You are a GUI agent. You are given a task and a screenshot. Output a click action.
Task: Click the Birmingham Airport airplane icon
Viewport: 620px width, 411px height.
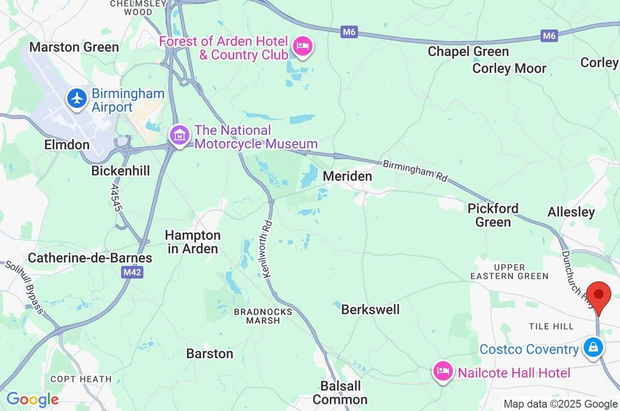point(77,99)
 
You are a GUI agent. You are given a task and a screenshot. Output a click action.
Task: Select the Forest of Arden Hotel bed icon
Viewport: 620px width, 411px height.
point(302,46)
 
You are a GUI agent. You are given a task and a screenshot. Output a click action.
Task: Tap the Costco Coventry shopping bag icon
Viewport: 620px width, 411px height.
point(592,348)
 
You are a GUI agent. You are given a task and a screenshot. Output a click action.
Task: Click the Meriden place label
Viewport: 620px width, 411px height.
point(347,176)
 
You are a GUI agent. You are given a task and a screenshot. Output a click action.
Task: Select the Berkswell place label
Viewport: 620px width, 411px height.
point(370,309)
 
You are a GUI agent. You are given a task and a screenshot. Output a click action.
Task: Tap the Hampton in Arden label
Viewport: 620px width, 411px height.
point(193,242)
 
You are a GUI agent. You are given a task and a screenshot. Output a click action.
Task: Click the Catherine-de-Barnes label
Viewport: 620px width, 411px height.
point(90,258)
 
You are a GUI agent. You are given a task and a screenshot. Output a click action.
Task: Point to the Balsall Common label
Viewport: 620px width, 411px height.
point(340,392)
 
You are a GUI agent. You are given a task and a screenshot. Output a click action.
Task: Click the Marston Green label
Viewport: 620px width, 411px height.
point(74,47)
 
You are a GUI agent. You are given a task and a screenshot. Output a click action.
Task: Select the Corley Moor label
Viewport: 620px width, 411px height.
point(509,68)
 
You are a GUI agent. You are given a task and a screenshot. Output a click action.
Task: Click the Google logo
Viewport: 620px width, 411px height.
point(33,399)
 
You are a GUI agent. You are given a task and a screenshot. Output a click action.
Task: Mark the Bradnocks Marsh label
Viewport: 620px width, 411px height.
point(263,316)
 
